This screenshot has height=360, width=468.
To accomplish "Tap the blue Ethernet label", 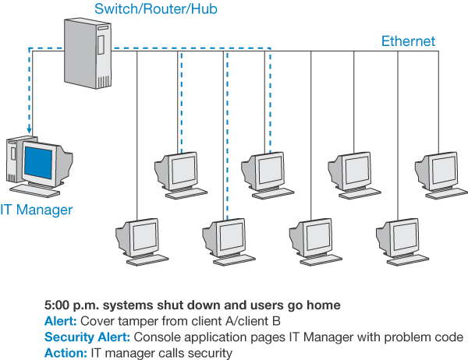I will point(408,41).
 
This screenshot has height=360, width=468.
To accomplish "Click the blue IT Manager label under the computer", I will point(36,210).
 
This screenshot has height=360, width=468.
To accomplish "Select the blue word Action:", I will point(66,353).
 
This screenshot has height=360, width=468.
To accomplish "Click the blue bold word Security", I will point(68,337).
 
